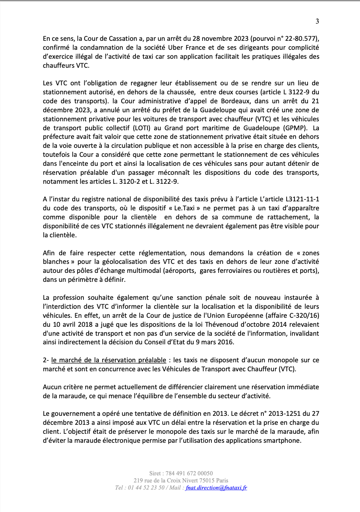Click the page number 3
(317, 21)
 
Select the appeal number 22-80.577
(301, 39)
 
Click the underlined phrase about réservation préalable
(109, 360)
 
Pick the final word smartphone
(284, 441)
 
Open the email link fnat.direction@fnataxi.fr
(216, 488)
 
